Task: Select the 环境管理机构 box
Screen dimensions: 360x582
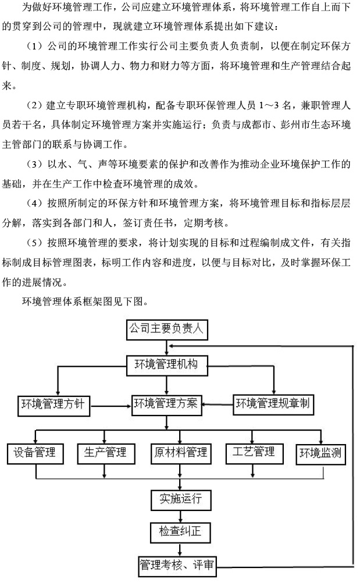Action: point(166,365)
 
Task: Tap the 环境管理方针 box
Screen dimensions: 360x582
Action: point(54,405)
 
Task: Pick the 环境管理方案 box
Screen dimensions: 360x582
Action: point(166,404)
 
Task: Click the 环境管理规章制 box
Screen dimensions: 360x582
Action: point(273,404)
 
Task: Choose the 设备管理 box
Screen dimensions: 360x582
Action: point(35,453)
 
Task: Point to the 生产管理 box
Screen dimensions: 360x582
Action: point(106,453)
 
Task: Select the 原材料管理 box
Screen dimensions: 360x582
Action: point(181,453)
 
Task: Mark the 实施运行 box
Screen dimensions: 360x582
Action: point(181,499)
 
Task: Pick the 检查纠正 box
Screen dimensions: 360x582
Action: point(180,533)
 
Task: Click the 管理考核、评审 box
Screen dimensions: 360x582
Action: point(177,567)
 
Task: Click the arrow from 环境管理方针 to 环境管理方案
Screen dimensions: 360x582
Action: point(111,405)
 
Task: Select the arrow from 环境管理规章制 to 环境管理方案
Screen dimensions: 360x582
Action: point(218,404)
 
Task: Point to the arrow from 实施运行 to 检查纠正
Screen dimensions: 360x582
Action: point(180,516)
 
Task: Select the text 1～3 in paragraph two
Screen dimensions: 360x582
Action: point(269,105)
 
